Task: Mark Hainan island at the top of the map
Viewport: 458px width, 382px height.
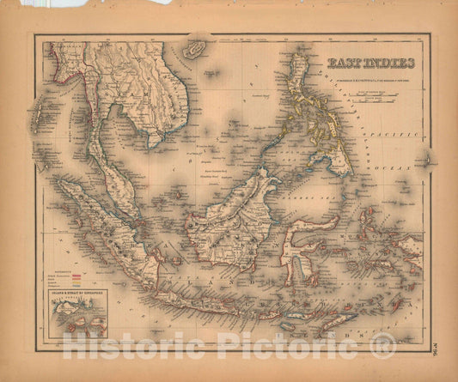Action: [195, 49]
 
